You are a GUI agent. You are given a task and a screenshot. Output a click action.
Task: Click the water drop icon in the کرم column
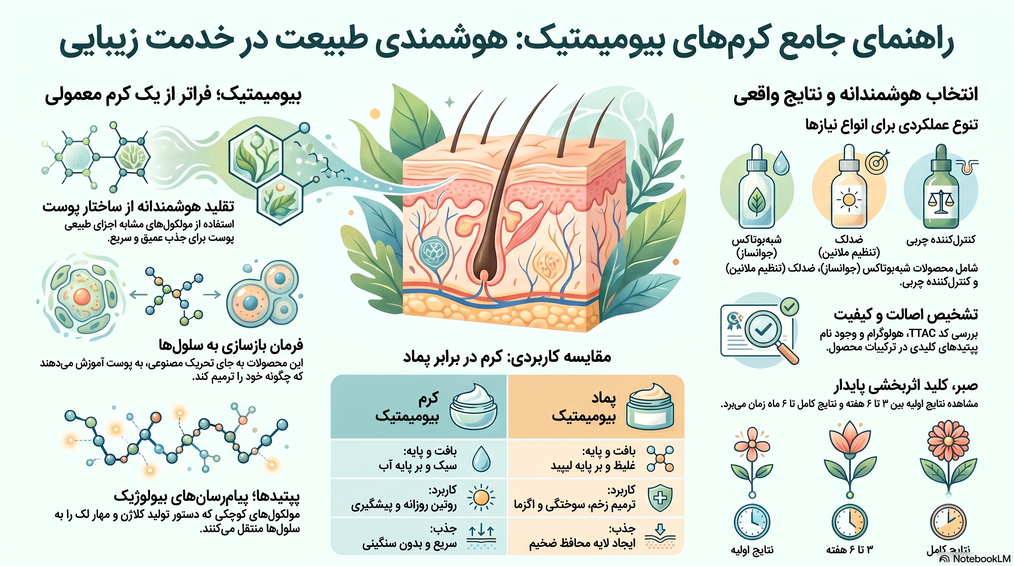pos(480,458)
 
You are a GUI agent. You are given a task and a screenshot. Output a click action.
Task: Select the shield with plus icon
pos(660,498)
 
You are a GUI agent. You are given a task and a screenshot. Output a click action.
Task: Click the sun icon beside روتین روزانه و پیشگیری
pos(481,497)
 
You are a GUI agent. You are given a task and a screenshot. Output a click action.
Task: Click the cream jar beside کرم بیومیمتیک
pos(473,406)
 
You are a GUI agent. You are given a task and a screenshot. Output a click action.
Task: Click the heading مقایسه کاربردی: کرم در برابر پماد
pos(507,357)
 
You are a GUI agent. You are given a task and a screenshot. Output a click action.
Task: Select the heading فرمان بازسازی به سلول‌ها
pos(231,345)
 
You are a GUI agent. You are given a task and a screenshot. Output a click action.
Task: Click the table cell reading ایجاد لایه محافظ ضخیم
pos(582,544)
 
